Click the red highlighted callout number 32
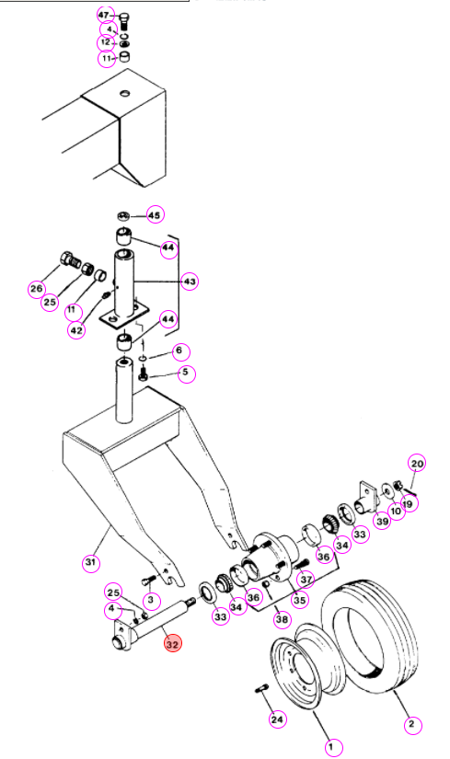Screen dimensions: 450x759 (172, 644)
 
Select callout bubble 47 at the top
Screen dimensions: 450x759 (105, 16)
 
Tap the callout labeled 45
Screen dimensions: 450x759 (155, 215)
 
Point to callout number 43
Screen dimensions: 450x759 (190, 282)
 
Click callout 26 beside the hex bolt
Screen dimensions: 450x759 (37, 289)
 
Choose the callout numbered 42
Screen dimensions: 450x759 (76, 330)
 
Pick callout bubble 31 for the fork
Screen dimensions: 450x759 (91, 562)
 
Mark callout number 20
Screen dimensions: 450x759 (417, 464)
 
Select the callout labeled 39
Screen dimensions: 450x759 (383, 521)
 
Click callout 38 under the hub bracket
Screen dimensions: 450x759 (282, 618)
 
